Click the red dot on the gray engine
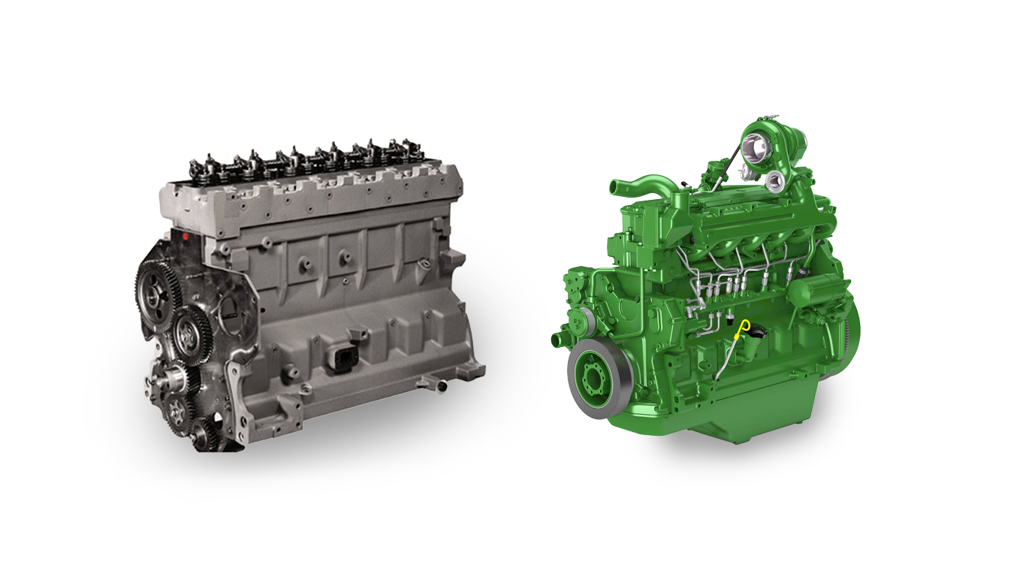pos(186,237)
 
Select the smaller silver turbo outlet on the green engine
pos(773,179)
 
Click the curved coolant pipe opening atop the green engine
pos(616,185)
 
